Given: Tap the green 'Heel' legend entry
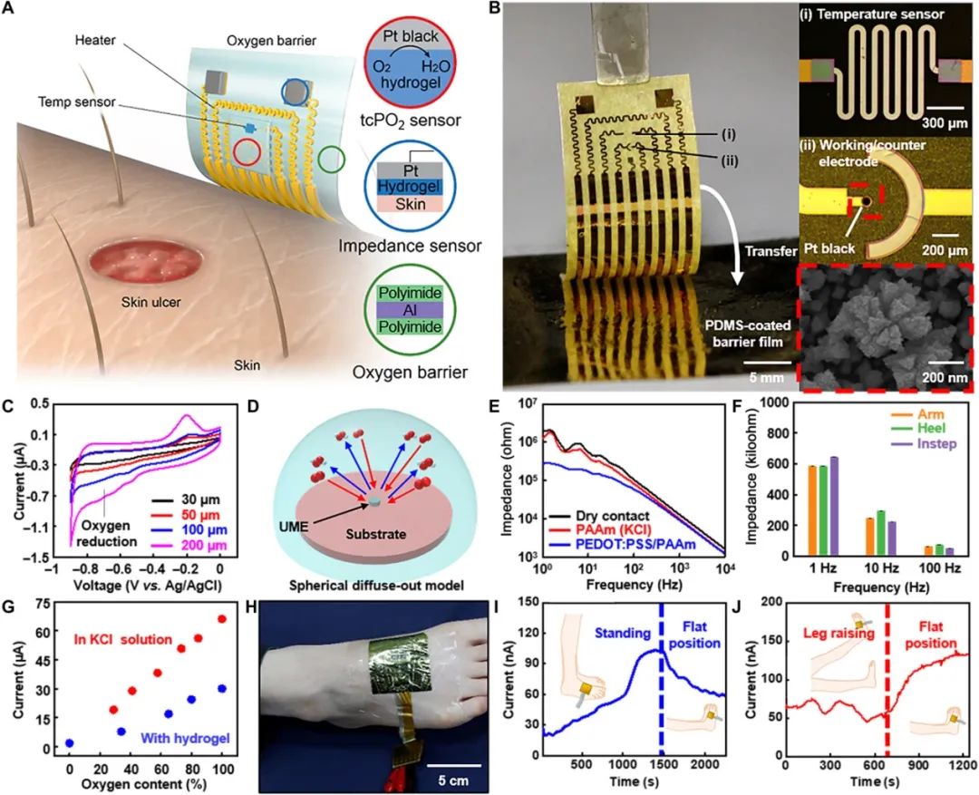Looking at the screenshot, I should (x=936, y=427).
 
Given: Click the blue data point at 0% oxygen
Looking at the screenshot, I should (x=69, y=743).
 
